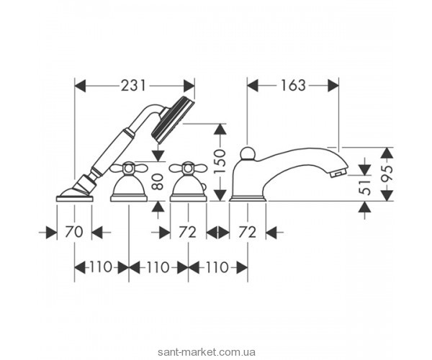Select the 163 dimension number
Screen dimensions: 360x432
(x=292, y=85)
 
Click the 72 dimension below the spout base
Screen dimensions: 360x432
(x=248, y=233)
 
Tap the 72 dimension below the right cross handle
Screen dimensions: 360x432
(x=186, y=233)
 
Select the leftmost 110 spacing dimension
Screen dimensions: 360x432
(x=102, y=267)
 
